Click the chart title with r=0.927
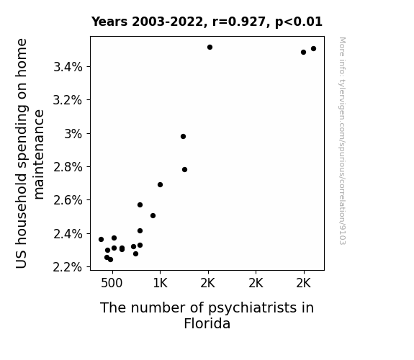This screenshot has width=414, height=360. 207,22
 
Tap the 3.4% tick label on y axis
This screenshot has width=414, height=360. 68,67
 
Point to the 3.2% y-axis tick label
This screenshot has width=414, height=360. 68,100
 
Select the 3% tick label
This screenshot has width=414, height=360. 73,134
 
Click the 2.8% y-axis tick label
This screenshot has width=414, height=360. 68,167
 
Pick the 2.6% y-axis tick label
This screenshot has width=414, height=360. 68,200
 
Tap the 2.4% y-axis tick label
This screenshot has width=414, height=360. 68,234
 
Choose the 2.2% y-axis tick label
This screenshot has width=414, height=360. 68,267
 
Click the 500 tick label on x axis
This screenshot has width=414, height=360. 112,284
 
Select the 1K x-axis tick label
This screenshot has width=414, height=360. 160,284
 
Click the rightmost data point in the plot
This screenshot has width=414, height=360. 313,48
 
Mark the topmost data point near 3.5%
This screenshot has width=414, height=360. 210,48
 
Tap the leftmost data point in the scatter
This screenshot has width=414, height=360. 101,239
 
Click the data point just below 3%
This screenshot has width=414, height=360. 183,137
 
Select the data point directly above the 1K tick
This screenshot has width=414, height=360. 160,184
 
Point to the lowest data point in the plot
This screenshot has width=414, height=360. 110,260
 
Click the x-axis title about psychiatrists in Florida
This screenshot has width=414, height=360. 207,315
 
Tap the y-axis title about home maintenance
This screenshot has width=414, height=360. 30,153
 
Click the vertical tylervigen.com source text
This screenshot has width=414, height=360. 342,141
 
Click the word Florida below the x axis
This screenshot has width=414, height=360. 207,323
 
